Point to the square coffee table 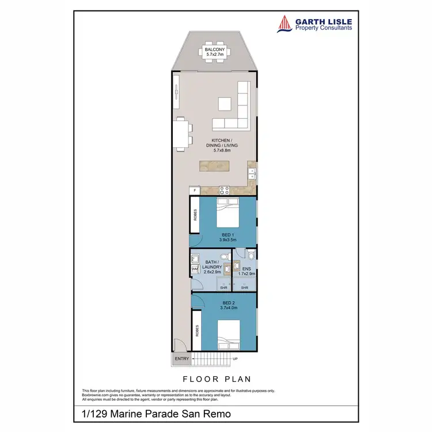click(225, 104)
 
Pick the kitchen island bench click(222, 166)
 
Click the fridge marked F click(195, 190)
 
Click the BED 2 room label click(228, 302)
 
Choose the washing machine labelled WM click(194, 268)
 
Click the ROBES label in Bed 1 click(196, 215)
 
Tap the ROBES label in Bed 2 click(196, 329)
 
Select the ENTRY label click(181, 359)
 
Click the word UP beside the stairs click(235, 359)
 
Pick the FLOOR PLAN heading click(216, 380)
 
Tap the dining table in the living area click(181, 134)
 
